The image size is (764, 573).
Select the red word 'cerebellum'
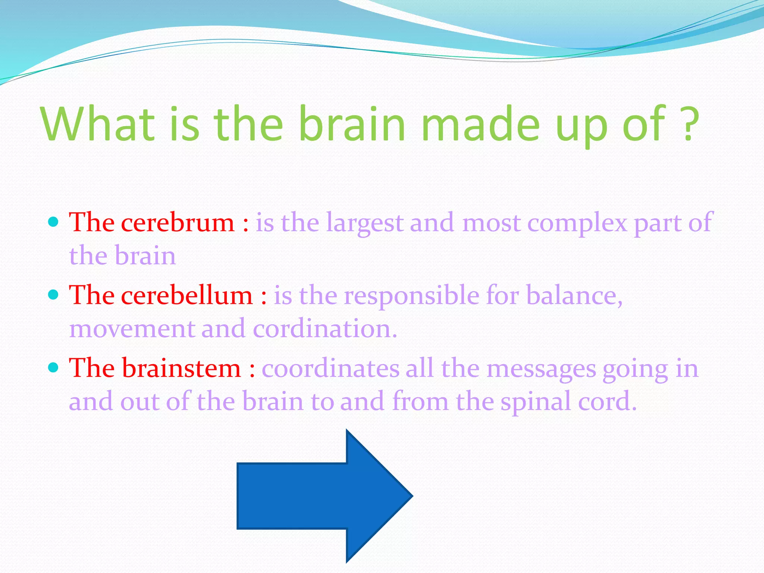pyautogui.click(x=187, y=296)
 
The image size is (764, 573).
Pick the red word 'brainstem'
pyautogui.click(x=182, y=369)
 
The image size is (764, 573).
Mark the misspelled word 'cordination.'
pyautogui.click(x=325, y=329)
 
